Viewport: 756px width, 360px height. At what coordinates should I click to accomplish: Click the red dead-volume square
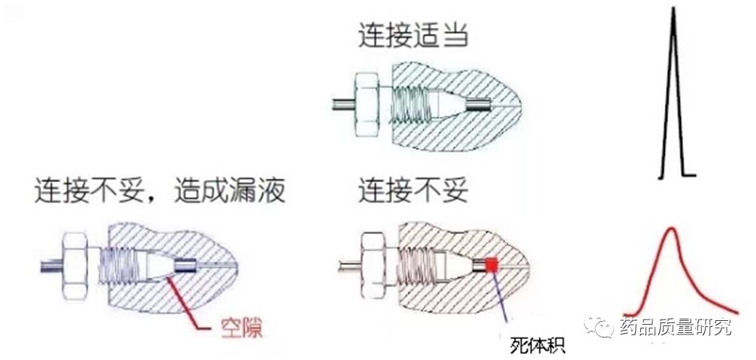(491, 264)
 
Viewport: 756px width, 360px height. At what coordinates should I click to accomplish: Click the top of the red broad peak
(670, 229)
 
